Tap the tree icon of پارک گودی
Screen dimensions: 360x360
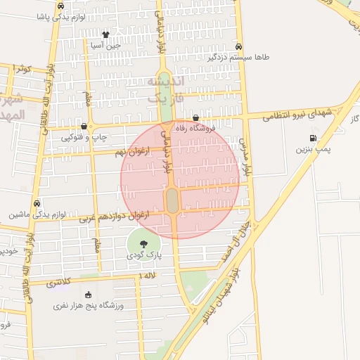pyautogui.click(x=143, y=244)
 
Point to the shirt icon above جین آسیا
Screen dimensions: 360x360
pyautogui.click(x=105, y=34)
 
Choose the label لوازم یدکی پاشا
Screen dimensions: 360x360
pyautogui.click(x=60, y=15)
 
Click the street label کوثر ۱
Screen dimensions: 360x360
pyautogui.click(x=22, y=69)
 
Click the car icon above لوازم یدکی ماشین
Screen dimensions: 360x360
pyautogui.click(x=37, y=203)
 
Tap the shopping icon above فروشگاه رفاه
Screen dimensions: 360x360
pyautogui.click(x=195, y=118)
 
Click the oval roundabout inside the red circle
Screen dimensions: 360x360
pyautogui.click(x=172, y=200)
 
